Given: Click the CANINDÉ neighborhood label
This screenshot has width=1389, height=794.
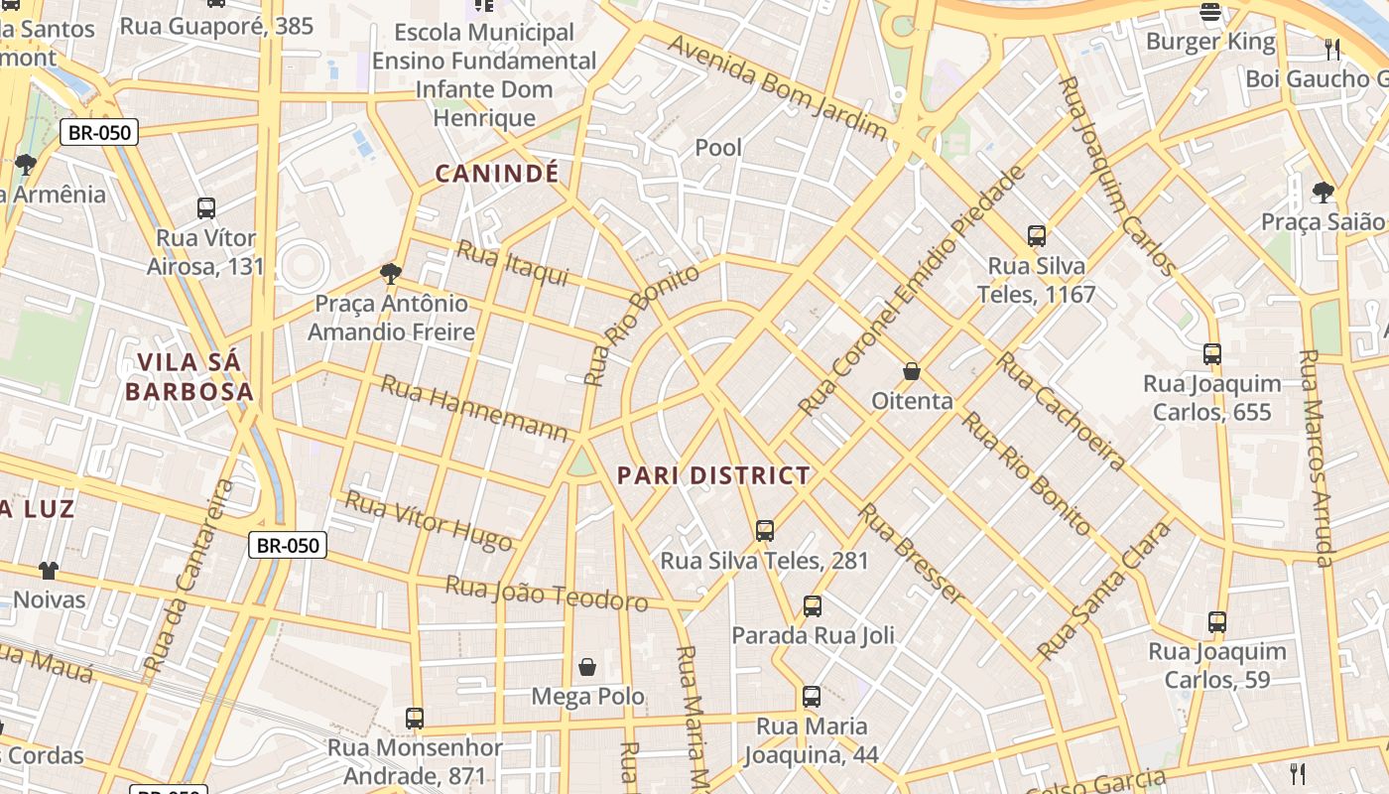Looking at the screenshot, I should (x=497, y=175).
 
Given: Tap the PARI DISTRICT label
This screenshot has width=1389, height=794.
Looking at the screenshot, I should (x=713, y=475).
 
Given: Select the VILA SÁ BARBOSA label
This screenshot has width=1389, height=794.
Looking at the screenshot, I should (x=189, y=376).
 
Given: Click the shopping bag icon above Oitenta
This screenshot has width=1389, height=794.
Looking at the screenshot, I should (x=911, y=371).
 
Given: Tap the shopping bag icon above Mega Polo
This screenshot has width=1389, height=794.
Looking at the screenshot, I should (x=587, y=666).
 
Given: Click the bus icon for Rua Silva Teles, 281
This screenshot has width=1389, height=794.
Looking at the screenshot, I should (x=764, y=530).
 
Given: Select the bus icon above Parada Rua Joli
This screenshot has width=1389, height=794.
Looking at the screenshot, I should (x=812, y=605).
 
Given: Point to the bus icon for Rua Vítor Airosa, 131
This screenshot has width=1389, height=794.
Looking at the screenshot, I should (x=206, y=208).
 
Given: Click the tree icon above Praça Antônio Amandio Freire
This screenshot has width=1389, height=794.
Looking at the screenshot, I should (x=391, y=273).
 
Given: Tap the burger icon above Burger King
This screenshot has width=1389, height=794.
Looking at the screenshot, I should (x=1209, y=12).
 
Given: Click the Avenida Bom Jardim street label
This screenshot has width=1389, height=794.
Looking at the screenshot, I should (x=777, y=88).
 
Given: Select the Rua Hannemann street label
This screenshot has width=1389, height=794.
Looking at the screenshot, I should (x=474, y=408).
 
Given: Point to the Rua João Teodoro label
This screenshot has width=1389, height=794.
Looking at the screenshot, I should (x=546, y=594).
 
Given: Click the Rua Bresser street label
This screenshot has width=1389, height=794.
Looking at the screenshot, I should (x=910, y=554).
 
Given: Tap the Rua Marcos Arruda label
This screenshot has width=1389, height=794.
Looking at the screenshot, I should (x=1316, y=458).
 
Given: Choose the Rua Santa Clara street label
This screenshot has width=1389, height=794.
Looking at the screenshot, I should (x=1103, y=592).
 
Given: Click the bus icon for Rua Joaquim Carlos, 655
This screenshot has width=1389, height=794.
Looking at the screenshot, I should (x=1211, y=353).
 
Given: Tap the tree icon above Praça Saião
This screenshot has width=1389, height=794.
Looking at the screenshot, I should (x=1322, y=192).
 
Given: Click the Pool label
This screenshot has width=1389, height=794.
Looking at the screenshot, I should (x=718, y=148).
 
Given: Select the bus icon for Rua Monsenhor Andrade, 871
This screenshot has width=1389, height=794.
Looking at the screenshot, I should (x=415, y=718).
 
